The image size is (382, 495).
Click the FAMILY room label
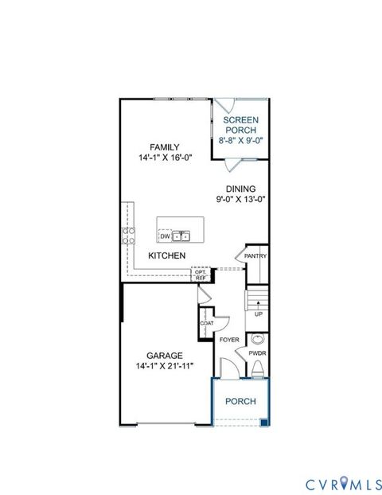point(165,146)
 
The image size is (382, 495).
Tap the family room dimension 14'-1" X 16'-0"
point(165,158)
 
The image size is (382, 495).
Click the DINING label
point(240,189)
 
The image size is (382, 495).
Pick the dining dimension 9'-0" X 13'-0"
point(240,200)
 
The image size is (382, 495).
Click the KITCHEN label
point(166,255)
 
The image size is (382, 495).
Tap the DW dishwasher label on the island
point(165,236)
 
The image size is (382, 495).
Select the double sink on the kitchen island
point(182,236)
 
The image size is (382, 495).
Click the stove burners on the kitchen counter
point(127,234)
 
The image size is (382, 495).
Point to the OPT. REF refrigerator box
point(201,274)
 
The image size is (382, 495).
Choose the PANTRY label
point(255,256)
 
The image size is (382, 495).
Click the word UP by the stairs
point(258,314)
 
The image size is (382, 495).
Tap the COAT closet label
point(207,323)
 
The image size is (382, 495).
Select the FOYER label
point(229,340)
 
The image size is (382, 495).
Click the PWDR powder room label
point(257,352)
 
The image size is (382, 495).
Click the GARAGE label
point(165,355)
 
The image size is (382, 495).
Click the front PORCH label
point(240,401)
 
